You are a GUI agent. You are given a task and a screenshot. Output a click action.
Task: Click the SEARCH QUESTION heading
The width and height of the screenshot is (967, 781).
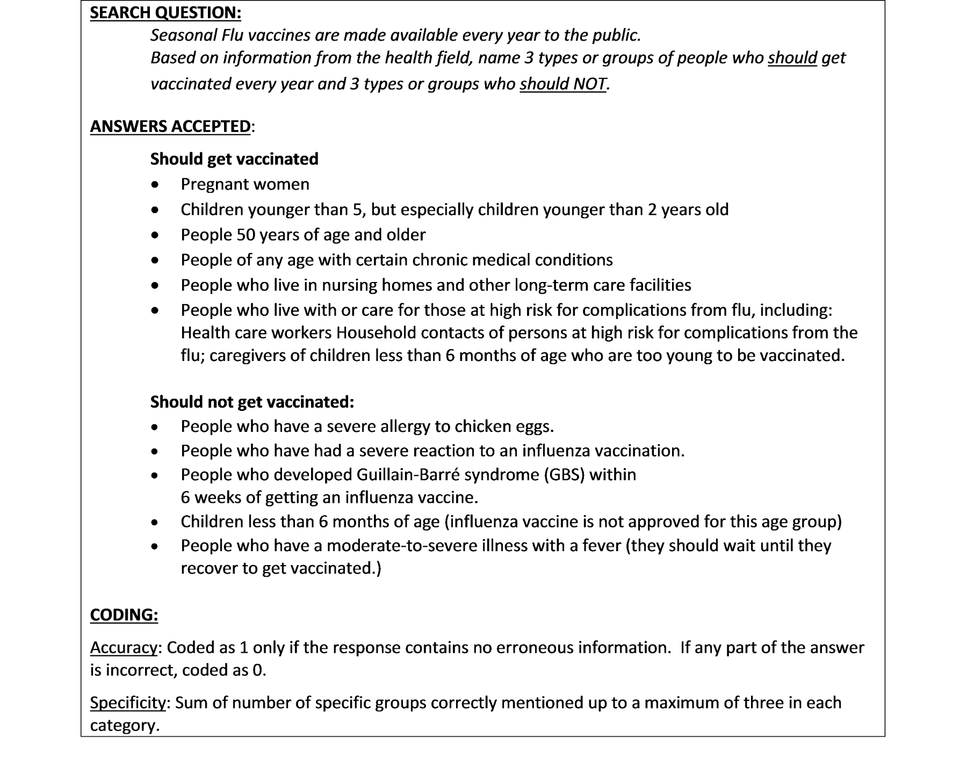click(x=165, y=12)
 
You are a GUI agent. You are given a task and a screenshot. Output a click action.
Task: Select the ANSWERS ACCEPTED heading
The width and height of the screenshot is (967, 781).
click(x=170, y=126)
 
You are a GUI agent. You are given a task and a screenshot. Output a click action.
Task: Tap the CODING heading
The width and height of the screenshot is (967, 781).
click(x=124, y=614)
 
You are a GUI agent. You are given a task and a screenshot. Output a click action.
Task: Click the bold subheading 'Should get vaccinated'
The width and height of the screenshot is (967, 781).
click(x=234, y=159)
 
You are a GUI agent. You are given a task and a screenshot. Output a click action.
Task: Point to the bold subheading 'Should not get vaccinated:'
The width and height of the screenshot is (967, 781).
click(x=252, y=402)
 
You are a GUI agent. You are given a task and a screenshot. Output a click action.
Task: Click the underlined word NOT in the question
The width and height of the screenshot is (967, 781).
click(x=589, y=84)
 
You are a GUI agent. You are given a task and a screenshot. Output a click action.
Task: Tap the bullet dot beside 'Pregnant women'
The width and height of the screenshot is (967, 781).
click(x=155, y=185)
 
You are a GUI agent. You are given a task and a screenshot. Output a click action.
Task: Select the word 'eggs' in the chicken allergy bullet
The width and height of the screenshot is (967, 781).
click(x=535, y=426)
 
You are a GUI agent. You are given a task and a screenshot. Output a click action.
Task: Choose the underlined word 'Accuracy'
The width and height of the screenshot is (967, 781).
click(x=124, y=648)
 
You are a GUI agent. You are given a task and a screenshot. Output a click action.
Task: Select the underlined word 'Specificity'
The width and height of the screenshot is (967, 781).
click(x=128, y=703)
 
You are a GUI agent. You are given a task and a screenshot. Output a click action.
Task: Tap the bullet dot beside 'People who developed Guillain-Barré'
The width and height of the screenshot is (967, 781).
click(x=155, y=475)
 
